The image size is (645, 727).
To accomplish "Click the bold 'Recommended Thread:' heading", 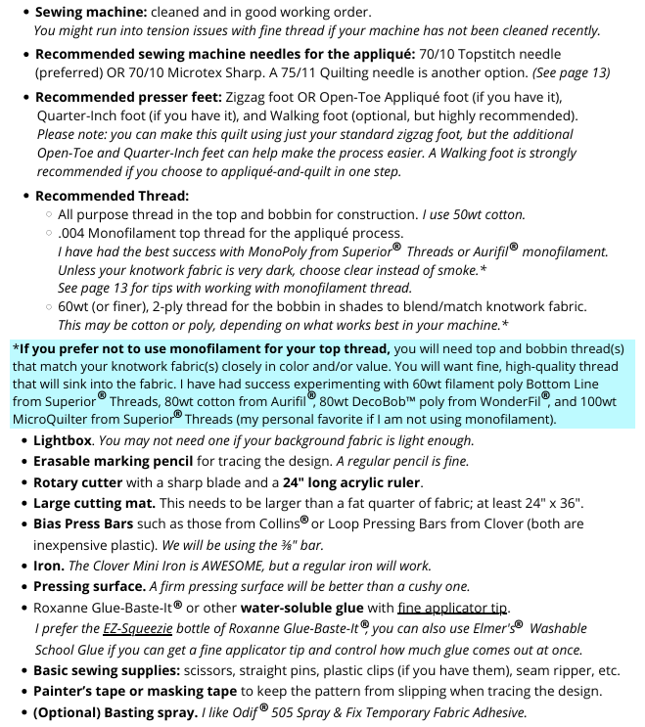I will pos(112,196).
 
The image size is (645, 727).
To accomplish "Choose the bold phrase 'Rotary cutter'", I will pos(82,482).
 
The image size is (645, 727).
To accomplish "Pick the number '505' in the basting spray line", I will pos(291,713).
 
